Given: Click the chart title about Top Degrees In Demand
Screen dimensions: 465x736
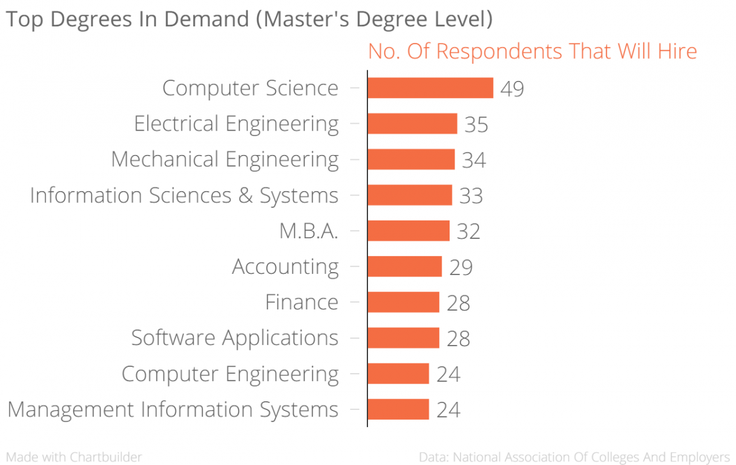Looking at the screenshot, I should (249, 19).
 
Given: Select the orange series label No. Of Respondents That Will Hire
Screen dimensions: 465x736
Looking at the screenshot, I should (532, 51).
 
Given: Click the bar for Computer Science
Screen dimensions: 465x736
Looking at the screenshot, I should (430, 88).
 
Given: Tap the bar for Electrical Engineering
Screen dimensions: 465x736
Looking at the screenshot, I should (412, 124).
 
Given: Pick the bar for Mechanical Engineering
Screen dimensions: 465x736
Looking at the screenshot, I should (411, 159).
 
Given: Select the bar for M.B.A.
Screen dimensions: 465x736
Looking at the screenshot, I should (408, 231).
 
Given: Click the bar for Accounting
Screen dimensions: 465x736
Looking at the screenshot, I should (405, 267).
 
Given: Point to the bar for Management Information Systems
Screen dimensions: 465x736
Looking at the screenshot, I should (398, 409).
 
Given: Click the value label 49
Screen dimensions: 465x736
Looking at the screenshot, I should (512, 89).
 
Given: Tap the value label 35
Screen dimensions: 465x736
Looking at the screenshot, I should (476, 124).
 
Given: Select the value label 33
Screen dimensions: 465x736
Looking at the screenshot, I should (471, 196).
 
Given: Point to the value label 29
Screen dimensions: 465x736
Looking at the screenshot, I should (461, 268).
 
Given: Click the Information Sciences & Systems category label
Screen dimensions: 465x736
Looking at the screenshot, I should (184, 195).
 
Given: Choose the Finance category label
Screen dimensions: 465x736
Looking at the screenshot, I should (302, 302).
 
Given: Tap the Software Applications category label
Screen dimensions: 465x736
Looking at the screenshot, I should (234, 338).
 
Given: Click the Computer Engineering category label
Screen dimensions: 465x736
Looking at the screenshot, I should (230, 374).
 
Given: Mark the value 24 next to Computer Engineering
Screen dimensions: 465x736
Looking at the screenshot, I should (448, 374).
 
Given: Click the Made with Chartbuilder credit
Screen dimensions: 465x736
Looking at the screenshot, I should (74, 457).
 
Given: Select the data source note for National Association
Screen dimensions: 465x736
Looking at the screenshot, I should (574, 457).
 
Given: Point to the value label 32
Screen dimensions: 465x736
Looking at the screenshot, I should (468, 232).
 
